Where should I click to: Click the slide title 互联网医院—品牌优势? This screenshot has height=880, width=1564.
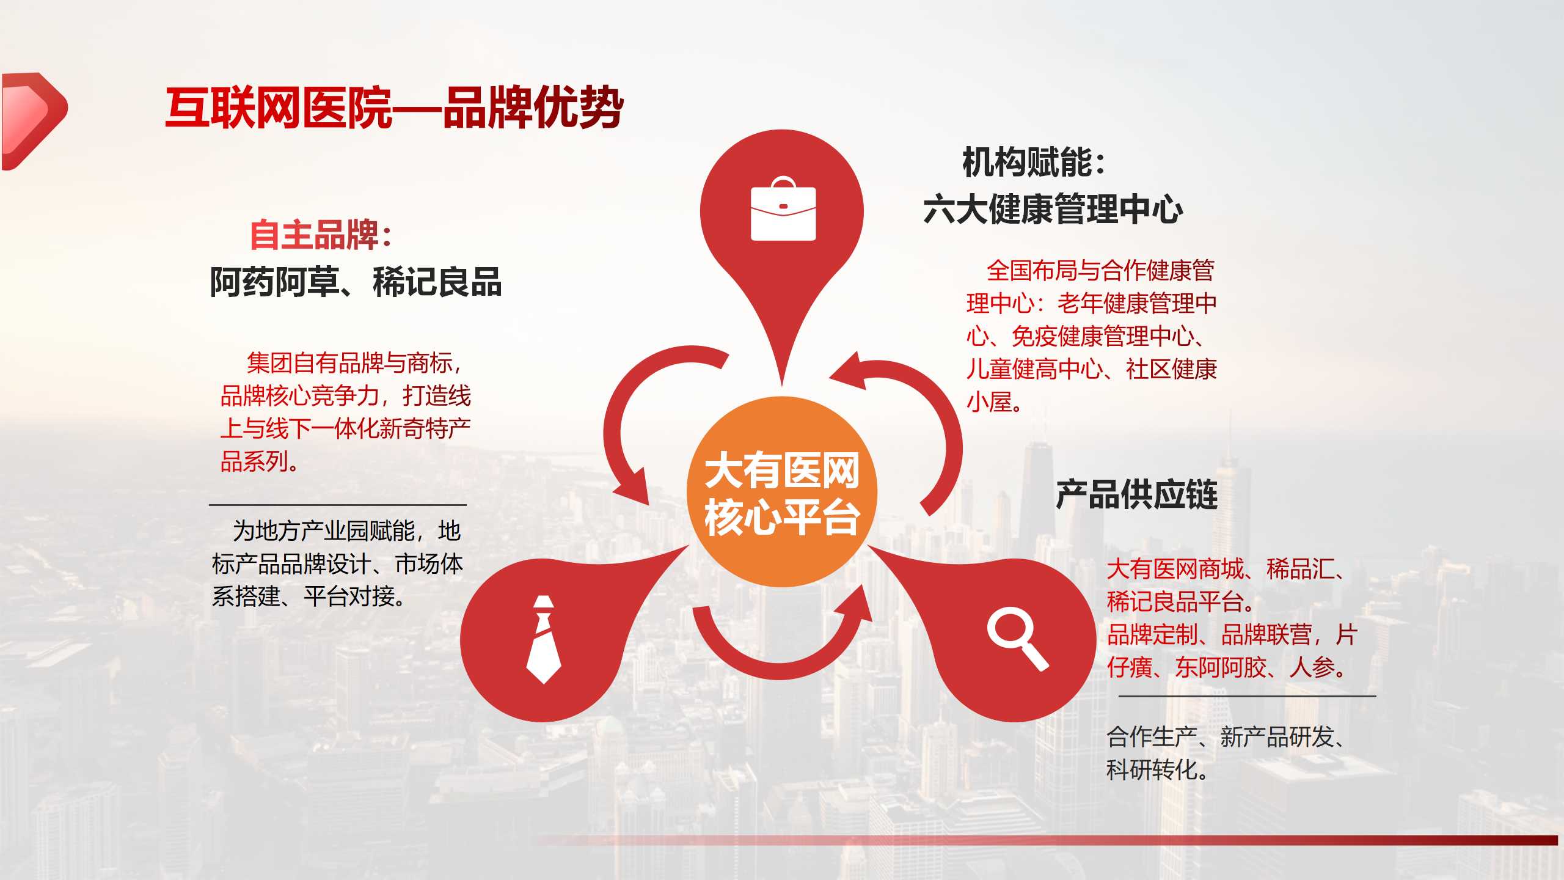click(394, 108)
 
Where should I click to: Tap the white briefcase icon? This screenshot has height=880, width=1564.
click(783, 208)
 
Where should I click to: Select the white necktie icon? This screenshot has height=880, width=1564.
click(543, 639)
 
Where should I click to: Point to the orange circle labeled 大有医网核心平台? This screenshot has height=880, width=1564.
click(782, 492)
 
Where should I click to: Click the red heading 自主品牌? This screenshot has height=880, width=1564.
click(321, 235)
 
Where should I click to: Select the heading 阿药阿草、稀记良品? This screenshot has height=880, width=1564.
click(356, 282)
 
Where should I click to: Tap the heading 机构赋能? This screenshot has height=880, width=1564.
click(1034, 163)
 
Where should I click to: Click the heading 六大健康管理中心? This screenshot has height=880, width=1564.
click(1053, 209)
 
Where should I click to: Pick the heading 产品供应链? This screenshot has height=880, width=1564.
click(1137, 494)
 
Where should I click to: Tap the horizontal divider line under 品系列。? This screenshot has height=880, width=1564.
click(338, 505)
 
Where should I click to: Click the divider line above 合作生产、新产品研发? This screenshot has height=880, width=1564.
click(1247, 695)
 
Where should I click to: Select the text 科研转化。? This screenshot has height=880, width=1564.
click(1158, 770)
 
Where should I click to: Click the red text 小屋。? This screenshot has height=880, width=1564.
click(995, 402)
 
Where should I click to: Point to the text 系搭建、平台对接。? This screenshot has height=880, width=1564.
click(309, 596)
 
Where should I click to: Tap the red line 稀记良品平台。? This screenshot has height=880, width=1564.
click(1181, 602)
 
